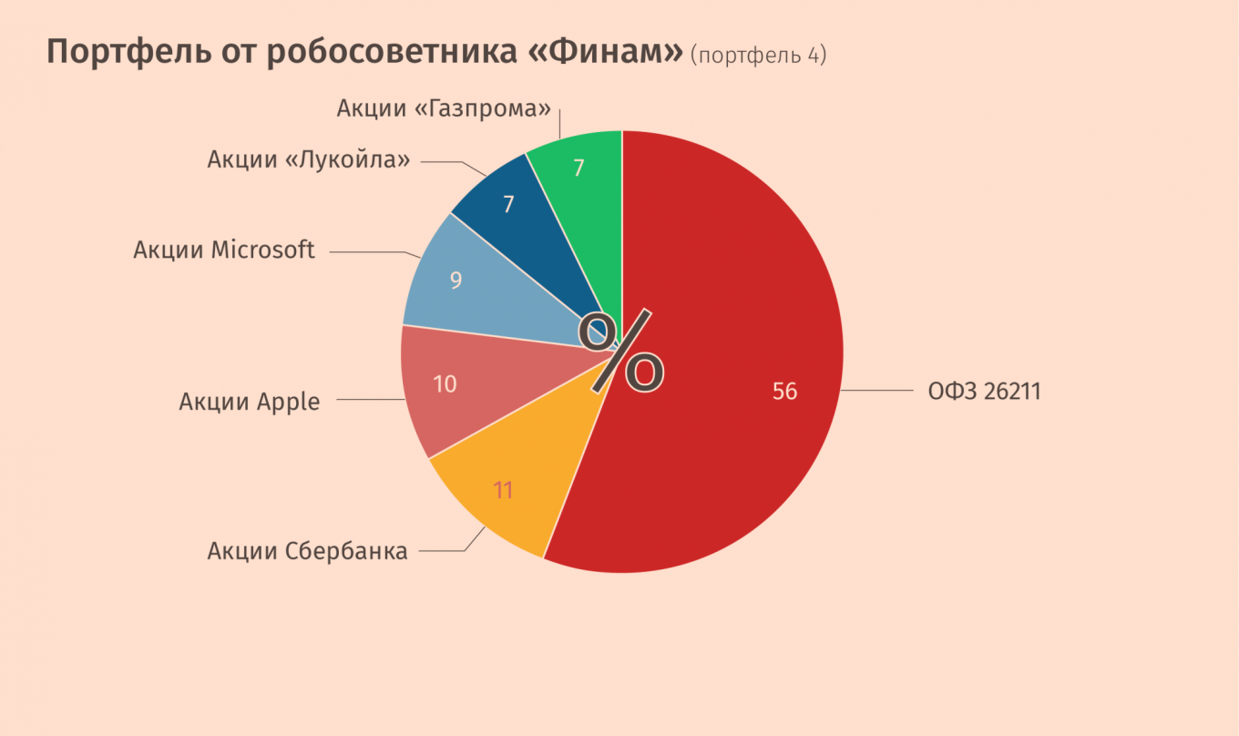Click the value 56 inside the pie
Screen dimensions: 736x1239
784,392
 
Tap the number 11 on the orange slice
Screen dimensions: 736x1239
504,490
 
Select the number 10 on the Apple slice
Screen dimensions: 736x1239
445,384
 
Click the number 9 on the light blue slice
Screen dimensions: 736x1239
456,281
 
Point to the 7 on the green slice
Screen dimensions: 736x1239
579,169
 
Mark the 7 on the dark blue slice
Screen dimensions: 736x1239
508,204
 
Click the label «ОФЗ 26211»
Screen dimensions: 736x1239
984,392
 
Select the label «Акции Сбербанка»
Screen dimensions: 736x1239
307,551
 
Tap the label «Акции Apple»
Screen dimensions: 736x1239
250,401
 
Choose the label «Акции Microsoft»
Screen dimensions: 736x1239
224,250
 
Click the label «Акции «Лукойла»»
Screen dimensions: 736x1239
309,159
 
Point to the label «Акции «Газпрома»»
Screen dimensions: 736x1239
445,108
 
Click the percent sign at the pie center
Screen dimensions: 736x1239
622,352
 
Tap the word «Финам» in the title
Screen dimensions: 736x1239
605,53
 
